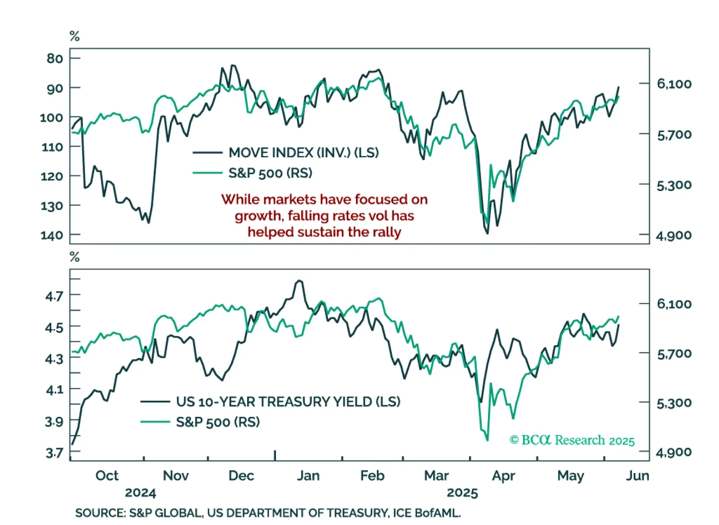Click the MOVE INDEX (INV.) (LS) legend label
tap(303, 153)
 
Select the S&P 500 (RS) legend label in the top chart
tap(270, 173)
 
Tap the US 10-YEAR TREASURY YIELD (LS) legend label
tap(288, 401)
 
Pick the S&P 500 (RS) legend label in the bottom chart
tap(218, 422)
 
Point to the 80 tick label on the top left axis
tap(55, 58)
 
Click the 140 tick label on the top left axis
tap(52, 235)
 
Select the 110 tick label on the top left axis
tap(52, 147)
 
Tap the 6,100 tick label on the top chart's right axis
tap(674, 84)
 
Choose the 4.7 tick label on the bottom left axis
tap(54, 296)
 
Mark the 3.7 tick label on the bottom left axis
tap(54, 452)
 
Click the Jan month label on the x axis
tap(308, 476)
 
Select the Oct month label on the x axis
tap(107, 476)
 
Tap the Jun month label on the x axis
tap(637, 476)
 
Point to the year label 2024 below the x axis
tap(140, 493)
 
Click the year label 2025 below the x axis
tap(462, 493)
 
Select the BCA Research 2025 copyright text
tap(572, 440)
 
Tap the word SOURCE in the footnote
tap(100, 513)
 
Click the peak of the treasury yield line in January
tap(299, 281)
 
